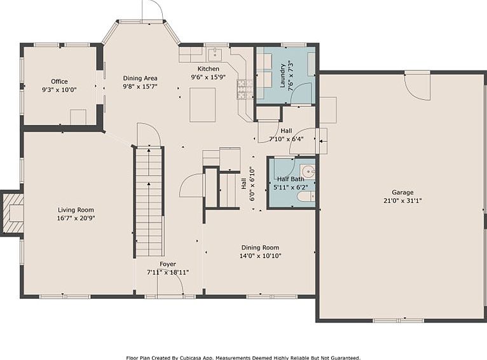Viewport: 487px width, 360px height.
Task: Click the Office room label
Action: (59, 81)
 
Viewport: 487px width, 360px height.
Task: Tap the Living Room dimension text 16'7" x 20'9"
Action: (76, 218)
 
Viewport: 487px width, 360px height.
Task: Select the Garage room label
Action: (402, 193)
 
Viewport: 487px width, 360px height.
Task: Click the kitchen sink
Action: (215, 55)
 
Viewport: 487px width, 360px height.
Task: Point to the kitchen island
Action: (203, 105)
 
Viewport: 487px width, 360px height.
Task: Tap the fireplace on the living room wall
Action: (12, 213)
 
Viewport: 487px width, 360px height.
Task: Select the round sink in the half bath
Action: (308, 171)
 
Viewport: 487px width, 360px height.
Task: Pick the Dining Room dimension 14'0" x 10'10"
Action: (260, 256)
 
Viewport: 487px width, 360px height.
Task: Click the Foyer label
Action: (168, 264)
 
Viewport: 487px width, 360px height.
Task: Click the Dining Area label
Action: (140, 78)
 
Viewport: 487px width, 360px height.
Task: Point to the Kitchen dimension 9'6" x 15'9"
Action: (209, 77)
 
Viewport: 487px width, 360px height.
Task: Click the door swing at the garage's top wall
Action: (417, 87)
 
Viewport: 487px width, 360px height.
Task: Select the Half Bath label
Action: (291, 179)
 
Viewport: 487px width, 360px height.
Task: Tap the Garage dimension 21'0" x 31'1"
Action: (402, 200)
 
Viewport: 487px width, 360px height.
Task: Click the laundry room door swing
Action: (301, 93)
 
